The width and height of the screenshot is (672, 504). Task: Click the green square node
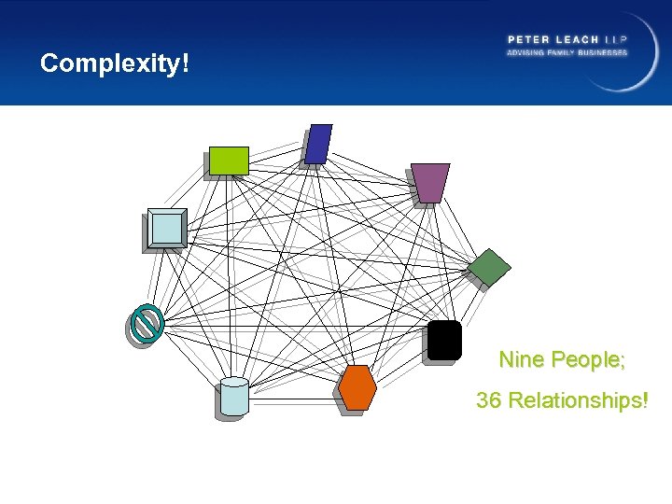pos(229,161)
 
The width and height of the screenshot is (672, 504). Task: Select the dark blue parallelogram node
pos(319,143)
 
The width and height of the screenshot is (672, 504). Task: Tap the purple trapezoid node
pos(430,182)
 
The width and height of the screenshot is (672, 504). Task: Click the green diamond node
pos(489,268)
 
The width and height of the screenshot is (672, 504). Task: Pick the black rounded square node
pos(444,339)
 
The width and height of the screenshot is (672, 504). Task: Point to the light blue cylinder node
pos(235,396)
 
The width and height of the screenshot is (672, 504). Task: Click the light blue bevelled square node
pos(168,228)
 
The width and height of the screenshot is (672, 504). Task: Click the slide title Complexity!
pos(115,63)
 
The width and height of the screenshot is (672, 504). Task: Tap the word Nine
pos(522,359)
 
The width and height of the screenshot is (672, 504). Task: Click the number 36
pos(490,401)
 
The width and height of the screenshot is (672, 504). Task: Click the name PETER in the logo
pos(527,39)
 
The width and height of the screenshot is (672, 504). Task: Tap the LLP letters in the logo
pos(616,39)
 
